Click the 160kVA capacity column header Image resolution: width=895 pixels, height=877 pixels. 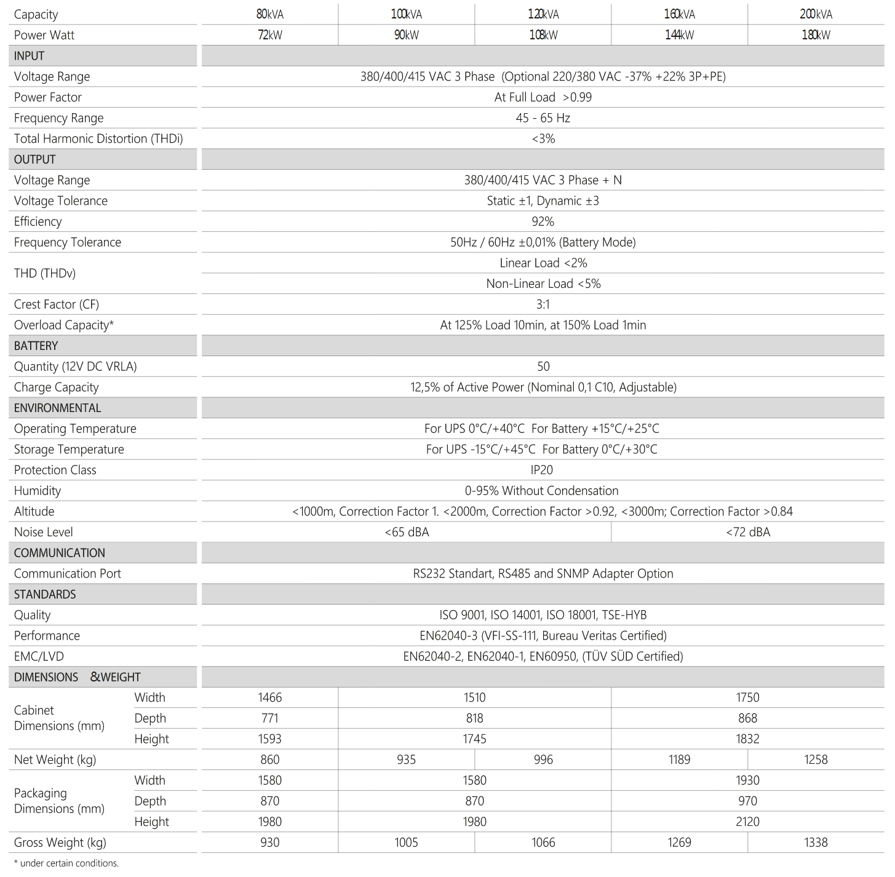pos(679,14)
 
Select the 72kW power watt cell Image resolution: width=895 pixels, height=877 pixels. pos(270,35)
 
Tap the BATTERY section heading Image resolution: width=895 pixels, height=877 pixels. pos(36,346)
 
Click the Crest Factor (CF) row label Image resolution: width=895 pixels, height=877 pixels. pos(57,304)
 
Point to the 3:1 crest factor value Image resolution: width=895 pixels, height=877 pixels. pos(543,304)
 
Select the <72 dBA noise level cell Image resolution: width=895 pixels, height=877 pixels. pos(747,532)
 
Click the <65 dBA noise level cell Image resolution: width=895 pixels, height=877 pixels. pos(407,532)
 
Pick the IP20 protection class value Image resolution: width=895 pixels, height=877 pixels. pos(542,470)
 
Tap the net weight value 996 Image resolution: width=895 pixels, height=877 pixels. pos(543,760)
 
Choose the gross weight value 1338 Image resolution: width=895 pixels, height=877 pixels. pos(816,843)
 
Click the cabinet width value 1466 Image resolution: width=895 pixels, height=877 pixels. pos(270,697)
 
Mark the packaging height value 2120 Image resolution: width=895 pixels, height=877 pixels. pos(747,822)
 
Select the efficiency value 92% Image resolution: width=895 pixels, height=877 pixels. pos(543,221)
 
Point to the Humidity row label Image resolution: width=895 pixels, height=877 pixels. pos(38,491)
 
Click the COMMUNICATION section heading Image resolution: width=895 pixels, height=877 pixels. pos(60,553)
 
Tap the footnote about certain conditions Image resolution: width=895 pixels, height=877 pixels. pos(66,863)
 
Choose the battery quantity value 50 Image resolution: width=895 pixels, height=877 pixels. pos(543,367)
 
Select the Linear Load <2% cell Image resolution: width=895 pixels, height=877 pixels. pos(543,263)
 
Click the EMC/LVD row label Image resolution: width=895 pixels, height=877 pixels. pos(39,656)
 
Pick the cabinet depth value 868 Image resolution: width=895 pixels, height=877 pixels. pos(747,718)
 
